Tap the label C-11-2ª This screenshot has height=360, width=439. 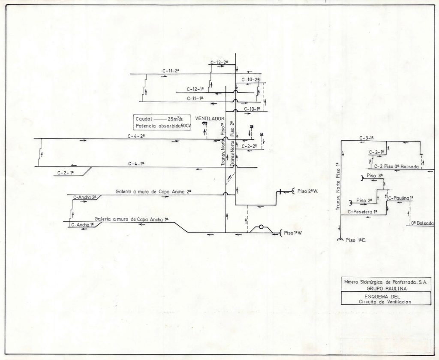[x=171, y=70]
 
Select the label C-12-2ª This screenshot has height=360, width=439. [x=219, y=62]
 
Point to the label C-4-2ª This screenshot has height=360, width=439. [x=136, y=136]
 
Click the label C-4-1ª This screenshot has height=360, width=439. [x=136, y=163]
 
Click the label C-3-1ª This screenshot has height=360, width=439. [x=367, y=138]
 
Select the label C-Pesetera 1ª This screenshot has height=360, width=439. [x=363, y=212]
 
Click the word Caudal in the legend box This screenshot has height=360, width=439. [x=144, y=119]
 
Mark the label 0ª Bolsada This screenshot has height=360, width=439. [x=422, y=223]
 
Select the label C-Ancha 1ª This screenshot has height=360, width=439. [x=84, y=224]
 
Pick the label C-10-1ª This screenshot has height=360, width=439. [x=253, y=109]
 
